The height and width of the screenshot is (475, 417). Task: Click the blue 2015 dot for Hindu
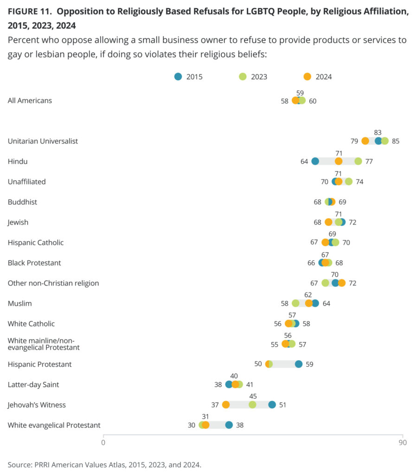pos(315,161)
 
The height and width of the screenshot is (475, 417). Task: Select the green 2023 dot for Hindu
pos(358,161)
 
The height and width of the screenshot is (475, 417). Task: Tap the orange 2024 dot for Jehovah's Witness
pos(226,404)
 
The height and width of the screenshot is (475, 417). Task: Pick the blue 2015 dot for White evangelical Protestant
pos(229,425)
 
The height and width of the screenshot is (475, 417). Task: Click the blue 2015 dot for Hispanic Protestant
pos(299,364)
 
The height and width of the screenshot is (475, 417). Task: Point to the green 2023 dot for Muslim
pos(295,303)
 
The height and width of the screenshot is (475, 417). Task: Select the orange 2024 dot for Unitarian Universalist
pos(365,141)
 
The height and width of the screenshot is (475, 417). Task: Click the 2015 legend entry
pos(188,77)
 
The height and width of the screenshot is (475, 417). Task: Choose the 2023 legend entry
pos(253,77)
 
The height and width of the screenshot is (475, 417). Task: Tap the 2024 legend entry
pos(318,77)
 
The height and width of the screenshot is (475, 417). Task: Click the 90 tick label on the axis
pos(402,443)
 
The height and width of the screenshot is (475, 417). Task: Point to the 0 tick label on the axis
pos(103,443)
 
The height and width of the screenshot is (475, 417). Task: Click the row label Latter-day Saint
pos(33,385)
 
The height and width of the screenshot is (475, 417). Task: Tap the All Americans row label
pos(30,101)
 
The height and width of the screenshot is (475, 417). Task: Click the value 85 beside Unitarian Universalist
pos(396,141)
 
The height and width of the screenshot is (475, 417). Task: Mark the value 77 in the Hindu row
pos(369,161)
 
